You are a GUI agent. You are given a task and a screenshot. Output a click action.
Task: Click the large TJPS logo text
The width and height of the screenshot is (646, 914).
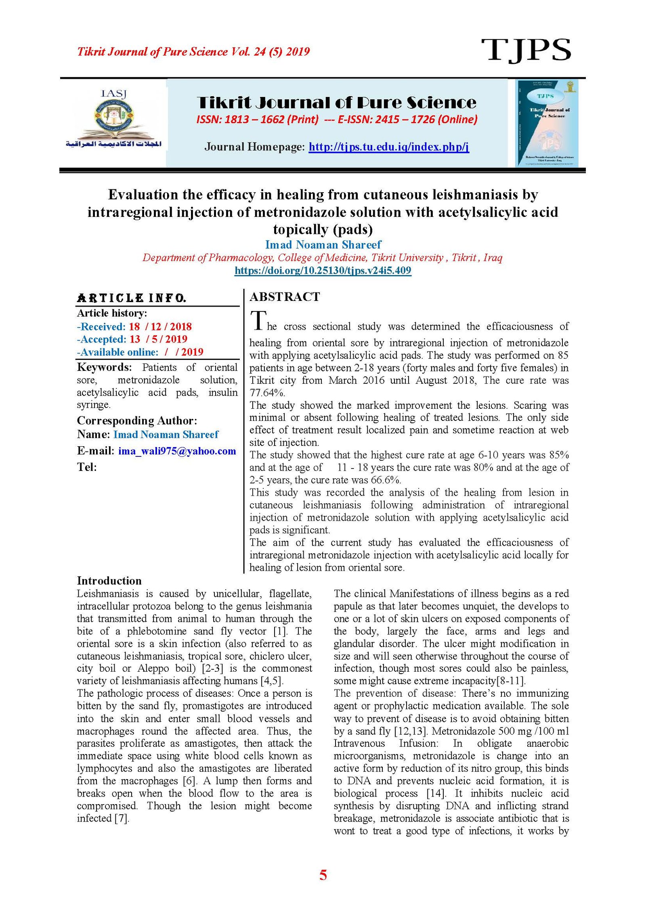pyautogui.click(x=526, y=50)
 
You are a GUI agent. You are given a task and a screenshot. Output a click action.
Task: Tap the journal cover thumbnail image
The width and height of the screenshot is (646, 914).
pyautogui.click(x=547, y=123)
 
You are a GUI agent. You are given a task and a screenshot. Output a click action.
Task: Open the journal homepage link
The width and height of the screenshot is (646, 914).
pyautogui.click(x=388, y=147)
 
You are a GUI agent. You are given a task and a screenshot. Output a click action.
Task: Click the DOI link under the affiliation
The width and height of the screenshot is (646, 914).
pyautogui.click(x=323, y=270)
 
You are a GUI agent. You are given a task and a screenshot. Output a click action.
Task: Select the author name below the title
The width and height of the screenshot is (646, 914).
pyautogui.click(x=323, y=244)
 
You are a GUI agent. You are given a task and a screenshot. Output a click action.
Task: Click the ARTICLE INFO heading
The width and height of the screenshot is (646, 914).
pyautogui.click(x=132, y=298)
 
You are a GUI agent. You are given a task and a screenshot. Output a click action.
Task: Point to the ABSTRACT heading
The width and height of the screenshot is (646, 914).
pyautogui.click(x=285, y=297)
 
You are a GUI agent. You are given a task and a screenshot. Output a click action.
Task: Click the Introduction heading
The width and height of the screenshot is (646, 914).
pyautogui.click(x=109, y=581)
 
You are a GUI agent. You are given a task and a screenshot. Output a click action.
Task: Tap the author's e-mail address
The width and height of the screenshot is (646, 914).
pyautogui.click(x=177, y=451)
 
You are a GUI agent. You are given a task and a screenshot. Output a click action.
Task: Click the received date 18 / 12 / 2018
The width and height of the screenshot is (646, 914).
pyautogui.click(x=160, y=326)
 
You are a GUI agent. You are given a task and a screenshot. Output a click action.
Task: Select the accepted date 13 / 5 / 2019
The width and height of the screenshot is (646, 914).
pyautogui.click(x=158, y=339)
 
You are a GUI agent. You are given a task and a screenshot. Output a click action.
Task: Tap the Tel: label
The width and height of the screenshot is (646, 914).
pyautogui.click(x=87, y=467)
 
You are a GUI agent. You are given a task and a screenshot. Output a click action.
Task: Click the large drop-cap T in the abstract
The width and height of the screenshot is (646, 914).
pyautogui.click(x=258, y=321)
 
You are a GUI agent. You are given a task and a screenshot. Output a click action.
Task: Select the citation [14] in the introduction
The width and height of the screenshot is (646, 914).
pyautogui.click(x=436, y=793)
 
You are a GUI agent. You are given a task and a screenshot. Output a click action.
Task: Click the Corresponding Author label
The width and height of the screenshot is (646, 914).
pyautogui.click(x=137, y=420)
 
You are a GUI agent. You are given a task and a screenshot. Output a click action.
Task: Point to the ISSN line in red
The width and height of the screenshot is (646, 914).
pyautogui.click(x=337, y=120)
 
